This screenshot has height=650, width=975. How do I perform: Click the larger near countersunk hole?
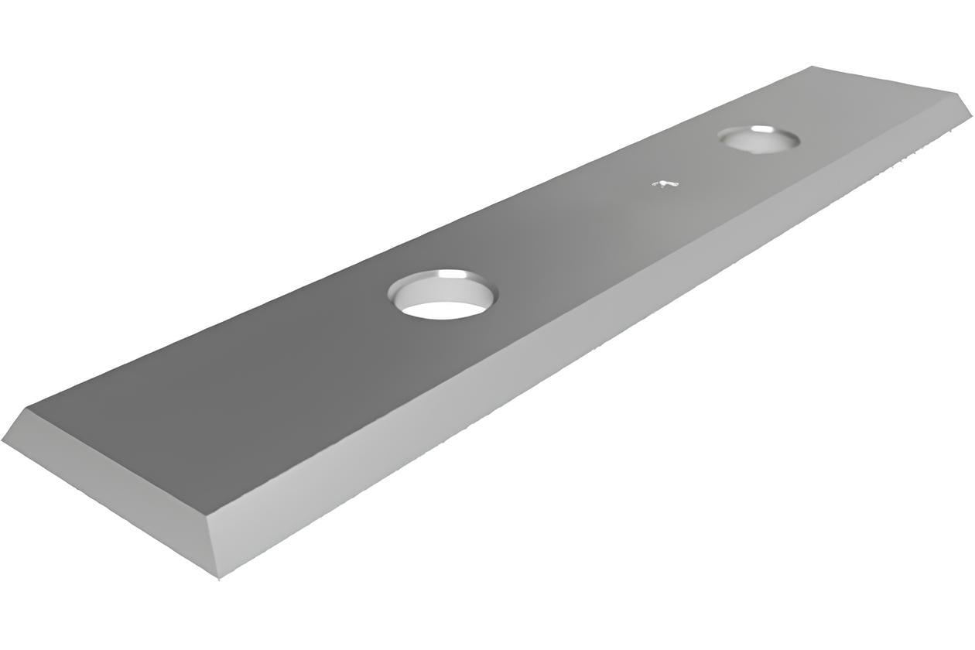443,294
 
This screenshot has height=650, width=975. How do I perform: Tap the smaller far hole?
758,139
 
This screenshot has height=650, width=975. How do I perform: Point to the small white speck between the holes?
665,184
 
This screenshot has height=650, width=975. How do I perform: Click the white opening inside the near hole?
443,310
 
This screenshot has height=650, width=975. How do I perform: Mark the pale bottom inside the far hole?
754,144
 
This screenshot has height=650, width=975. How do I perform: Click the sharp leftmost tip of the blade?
2,440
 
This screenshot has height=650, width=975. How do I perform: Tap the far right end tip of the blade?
971,116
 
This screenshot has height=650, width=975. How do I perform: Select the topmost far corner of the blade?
812,67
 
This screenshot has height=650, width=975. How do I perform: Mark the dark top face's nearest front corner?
207,515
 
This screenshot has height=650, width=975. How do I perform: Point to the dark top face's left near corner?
28,407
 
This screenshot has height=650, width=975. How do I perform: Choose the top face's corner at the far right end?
957,94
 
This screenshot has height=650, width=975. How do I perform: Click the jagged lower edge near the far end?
890,166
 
